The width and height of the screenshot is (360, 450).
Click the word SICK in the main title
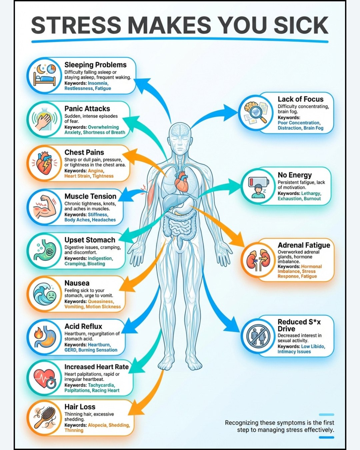click(301, 25)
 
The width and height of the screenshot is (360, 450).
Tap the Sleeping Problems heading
click(95, 65)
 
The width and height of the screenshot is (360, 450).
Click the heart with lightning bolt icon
click(44, 163)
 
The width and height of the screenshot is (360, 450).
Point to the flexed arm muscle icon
click(45, 207)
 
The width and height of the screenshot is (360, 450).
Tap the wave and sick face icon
click(45, 294)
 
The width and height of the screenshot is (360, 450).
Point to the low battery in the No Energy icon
click(259, 182)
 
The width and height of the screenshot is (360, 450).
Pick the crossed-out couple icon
click(258, 337)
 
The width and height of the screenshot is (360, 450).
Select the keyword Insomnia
click(98, 83)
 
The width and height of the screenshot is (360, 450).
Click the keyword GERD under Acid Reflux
click(70, 350)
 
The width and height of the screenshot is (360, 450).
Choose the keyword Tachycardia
click(101, 385)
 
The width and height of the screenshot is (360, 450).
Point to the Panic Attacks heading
click(87, 109)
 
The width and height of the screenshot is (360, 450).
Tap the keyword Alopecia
click(97, 425)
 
